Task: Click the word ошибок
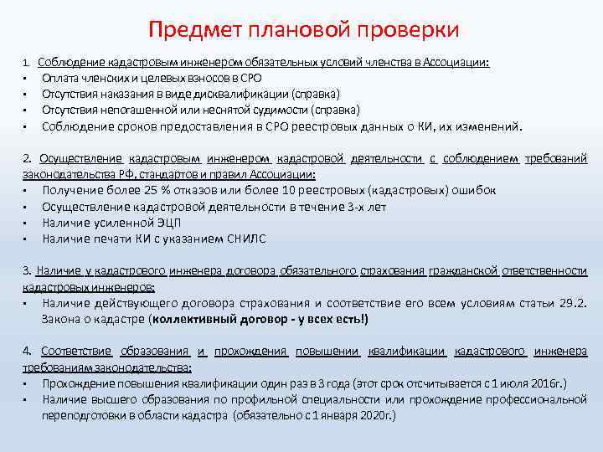point(472,190)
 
